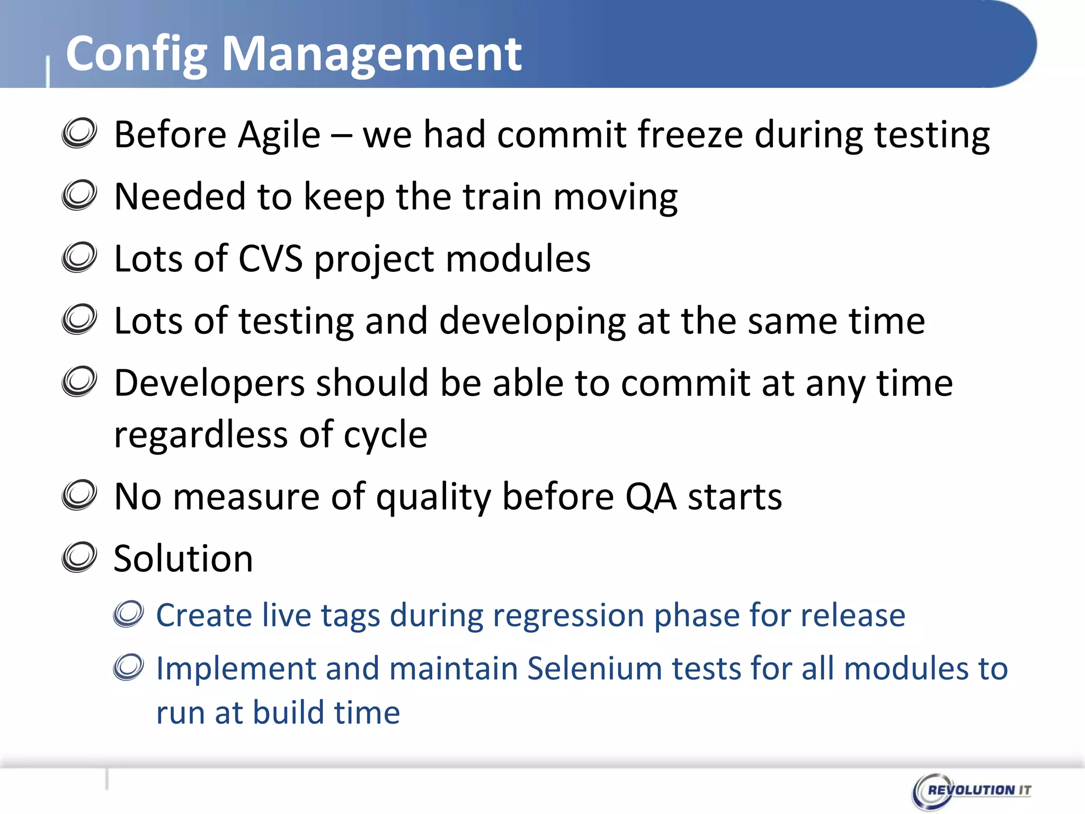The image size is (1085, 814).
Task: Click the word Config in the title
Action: click(x=136, y=55)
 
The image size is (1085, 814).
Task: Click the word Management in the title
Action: click(x=371, y=55)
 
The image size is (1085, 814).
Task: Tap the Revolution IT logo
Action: click(x=972, y=790)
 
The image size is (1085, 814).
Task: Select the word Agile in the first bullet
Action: click(x=279, y=136)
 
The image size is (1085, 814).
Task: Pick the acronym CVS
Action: click(x=270, y=259)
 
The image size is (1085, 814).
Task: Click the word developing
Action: click(x=532, y=322)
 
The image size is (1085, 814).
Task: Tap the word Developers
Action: click(x=209, y=384)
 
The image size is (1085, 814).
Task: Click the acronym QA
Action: click(x=651, y=497)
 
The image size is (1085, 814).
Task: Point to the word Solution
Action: click(x=183, y=559)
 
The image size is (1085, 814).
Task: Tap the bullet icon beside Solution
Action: click(x=79, y=558)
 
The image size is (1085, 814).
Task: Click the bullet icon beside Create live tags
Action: click(x=129, y=614)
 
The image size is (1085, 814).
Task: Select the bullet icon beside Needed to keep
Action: click(x=79, y=196)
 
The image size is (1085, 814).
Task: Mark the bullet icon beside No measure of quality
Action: click(x=79, y=496)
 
